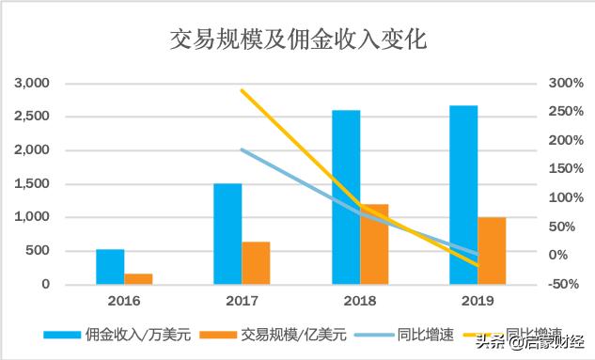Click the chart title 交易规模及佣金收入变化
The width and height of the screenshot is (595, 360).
click(297, 39)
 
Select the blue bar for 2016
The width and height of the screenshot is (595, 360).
click(110, 266)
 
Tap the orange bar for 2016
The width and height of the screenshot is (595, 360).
click(138, 278)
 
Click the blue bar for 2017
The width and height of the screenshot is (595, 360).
click(227, 233)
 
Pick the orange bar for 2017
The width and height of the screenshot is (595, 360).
click(256, 262)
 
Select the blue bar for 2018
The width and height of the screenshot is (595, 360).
click(346, 196)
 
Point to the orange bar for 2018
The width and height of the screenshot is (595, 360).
click(374, 243)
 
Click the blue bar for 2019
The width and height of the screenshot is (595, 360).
click(463, 195)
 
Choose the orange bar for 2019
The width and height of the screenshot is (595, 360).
click(492, 250)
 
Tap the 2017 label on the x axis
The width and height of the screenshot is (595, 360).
click(242, 301)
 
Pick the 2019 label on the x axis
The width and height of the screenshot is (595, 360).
click(478, 301)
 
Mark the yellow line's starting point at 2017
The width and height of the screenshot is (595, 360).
click(243, 90)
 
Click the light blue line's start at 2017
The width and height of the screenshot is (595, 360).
click(243, 149)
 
